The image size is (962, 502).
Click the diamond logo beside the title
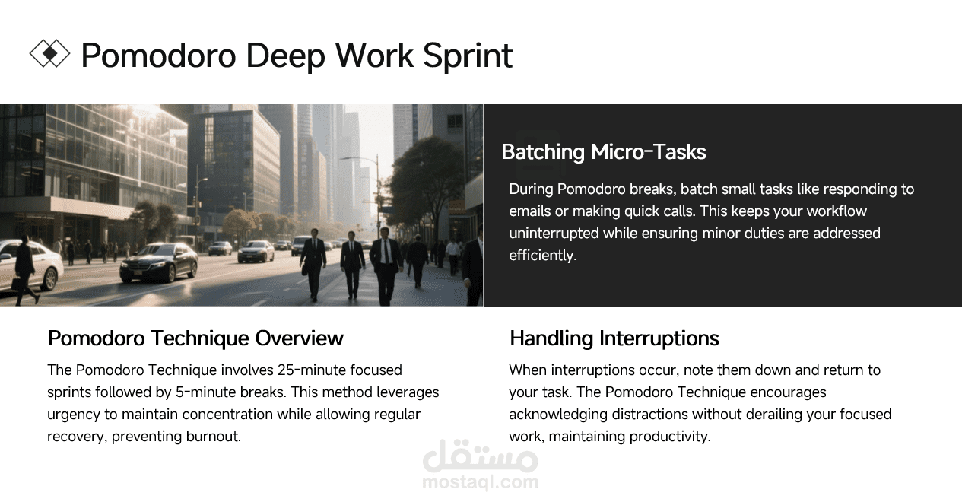pos(49,54)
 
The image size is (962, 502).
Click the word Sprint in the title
pos(468,56)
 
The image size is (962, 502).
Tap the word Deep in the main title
pos(285,56)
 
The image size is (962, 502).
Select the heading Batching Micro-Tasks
pos(603,152)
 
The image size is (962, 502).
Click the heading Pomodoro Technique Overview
pos(195,338)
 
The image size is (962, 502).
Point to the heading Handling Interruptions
pos(614,338)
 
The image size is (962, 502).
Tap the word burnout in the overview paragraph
pos(214,437)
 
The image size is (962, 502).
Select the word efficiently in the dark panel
pos(543,256)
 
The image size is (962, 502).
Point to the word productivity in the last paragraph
pos(670,437)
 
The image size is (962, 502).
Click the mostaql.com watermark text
pos(480,481)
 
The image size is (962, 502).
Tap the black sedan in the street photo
pos(158,263)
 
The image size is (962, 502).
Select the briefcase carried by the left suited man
pos(304,270)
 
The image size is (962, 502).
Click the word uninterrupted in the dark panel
pos(554,234)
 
